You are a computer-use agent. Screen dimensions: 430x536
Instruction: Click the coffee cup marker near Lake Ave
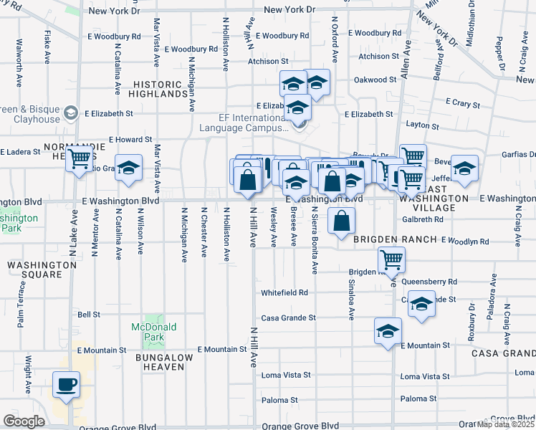[x=66, y=384]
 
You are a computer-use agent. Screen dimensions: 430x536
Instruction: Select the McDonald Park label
[x=153, y=332]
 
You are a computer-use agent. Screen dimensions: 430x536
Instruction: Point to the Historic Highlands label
[x=158, y=89]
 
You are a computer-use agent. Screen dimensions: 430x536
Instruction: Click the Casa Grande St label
[x=288, y=317]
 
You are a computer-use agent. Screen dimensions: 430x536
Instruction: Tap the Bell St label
[x=88, y=314]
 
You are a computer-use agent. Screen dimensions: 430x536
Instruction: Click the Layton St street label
[x=422, y=125]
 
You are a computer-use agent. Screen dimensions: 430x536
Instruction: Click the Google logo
[x=24, y=421]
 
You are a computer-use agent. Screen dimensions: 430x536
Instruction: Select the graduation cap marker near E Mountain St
[x=388, y=332]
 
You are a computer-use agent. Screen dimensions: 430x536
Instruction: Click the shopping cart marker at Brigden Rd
[x=391, y=259]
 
